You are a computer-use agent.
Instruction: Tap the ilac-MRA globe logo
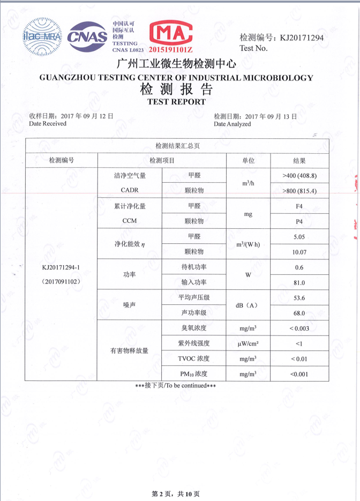coord(42,36)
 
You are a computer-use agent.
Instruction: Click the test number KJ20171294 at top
coord(298,38)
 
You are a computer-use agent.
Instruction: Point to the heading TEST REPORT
coord(176,101)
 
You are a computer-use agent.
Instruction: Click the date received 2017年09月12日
coord(87,116)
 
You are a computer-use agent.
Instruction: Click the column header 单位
coord(248,160)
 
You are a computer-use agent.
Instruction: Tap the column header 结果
coord(299,160)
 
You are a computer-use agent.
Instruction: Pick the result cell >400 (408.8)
coord(299,176)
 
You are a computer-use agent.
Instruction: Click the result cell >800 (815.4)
coord(299,191)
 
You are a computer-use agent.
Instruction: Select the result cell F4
coord(299,206)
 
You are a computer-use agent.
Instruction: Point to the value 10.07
coord(299,252)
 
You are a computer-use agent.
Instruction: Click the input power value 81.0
coord(299,282)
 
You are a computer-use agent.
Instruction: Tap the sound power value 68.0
coord(299,313)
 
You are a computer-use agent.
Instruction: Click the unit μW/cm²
coord(247,343)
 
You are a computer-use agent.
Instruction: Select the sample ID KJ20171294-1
coord(61,267)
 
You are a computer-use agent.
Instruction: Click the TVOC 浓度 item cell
coord(193,358)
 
